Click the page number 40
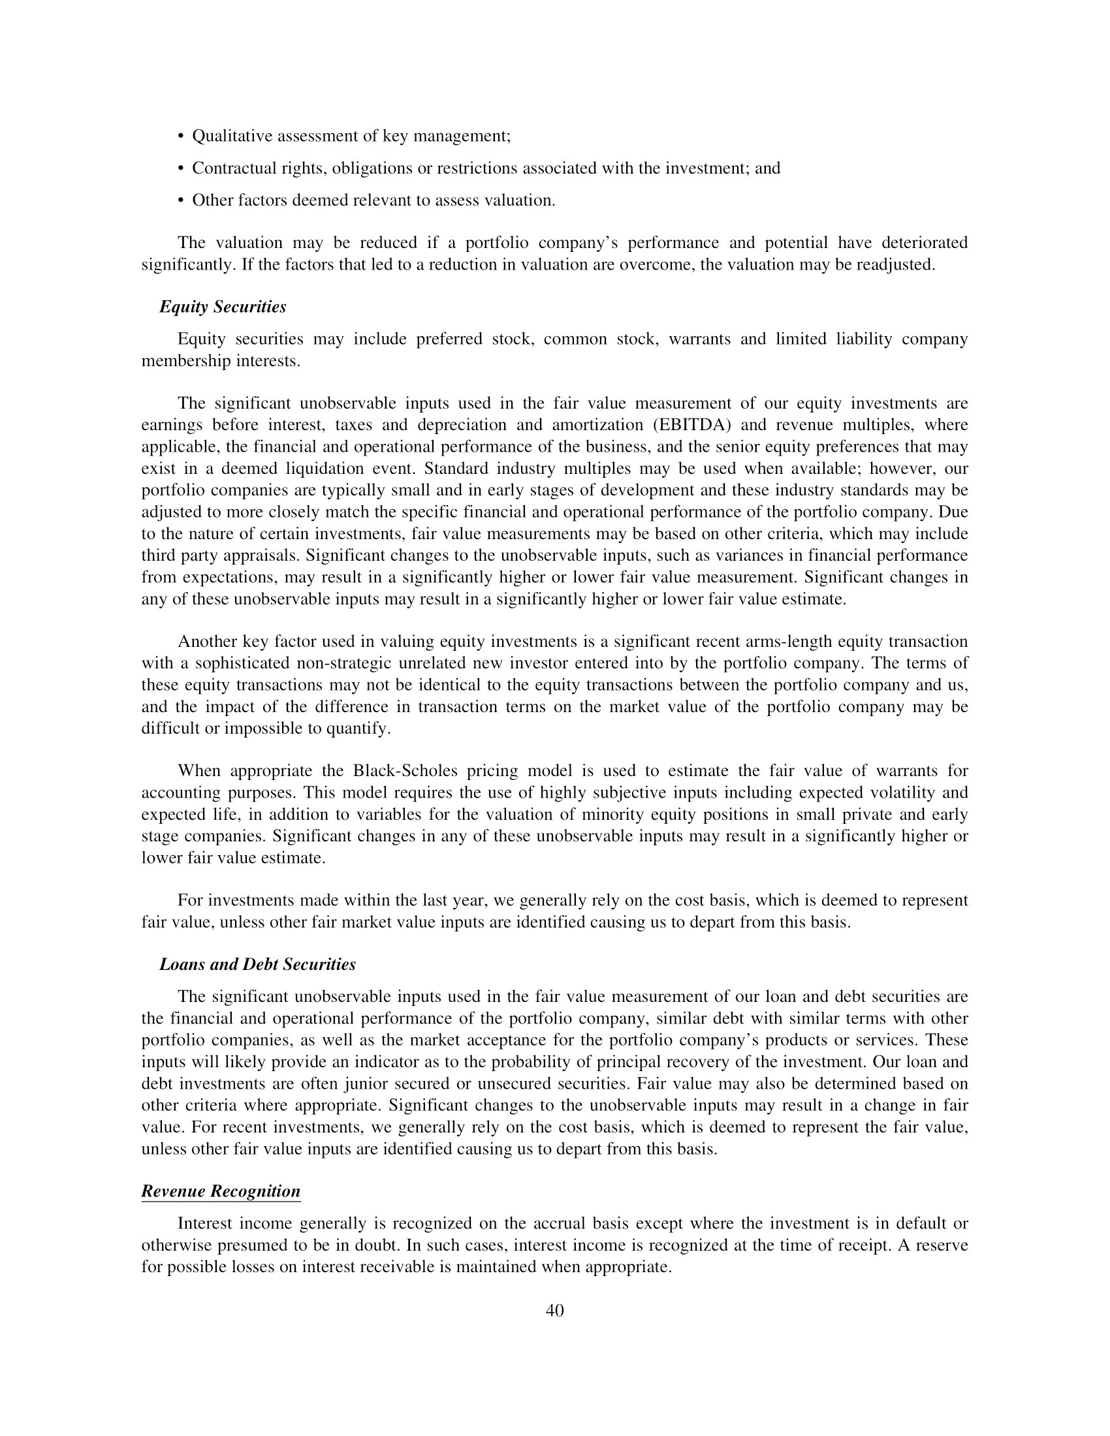pos(554,1324)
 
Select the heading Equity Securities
pos(223,307)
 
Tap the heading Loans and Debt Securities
pos(258,965)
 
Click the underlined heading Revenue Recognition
pos(221,1191)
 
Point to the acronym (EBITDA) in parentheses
pos(692,425)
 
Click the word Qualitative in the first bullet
pos(232,136)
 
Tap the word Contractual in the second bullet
pos(236,168)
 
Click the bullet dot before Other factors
pos(181,200)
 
